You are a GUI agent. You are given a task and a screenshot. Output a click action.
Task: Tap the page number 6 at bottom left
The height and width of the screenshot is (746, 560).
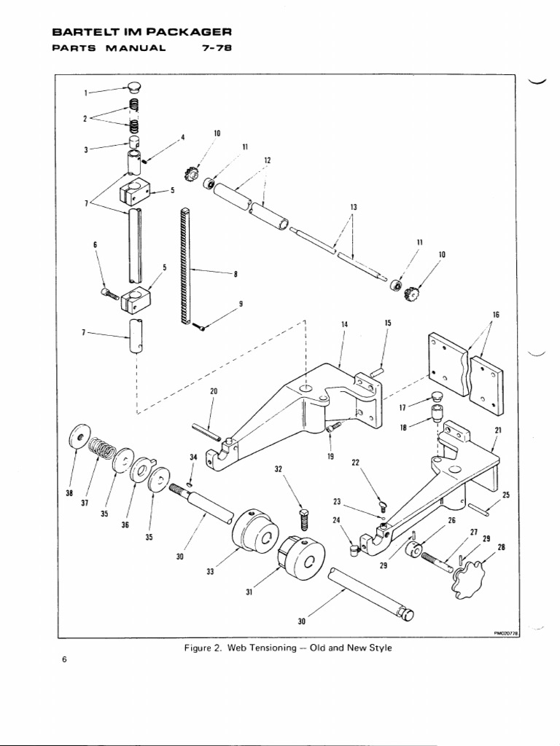(64, 660)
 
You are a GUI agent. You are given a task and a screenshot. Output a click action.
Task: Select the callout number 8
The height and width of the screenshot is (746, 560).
(236, 275)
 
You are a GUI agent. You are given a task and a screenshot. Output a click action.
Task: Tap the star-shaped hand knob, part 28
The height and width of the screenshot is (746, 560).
(467, 580)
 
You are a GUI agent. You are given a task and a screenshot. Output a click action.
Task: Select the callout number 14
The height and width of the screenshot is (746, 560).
(345, 323)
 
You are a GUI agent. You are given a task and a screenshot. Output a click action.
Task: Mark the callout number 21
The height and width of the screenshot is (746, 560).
(498, 430)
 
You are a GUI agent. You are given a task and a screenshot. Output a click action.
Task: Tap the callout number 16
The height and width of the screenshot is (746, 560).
(496, 315)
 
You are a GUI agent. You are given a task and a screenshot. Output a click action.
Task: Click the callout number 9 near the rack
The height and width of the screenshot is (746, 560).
(241, 304)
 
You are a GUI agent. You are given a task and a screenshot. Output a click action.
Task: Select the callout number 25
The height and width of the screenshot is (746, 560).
(506, 495)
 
